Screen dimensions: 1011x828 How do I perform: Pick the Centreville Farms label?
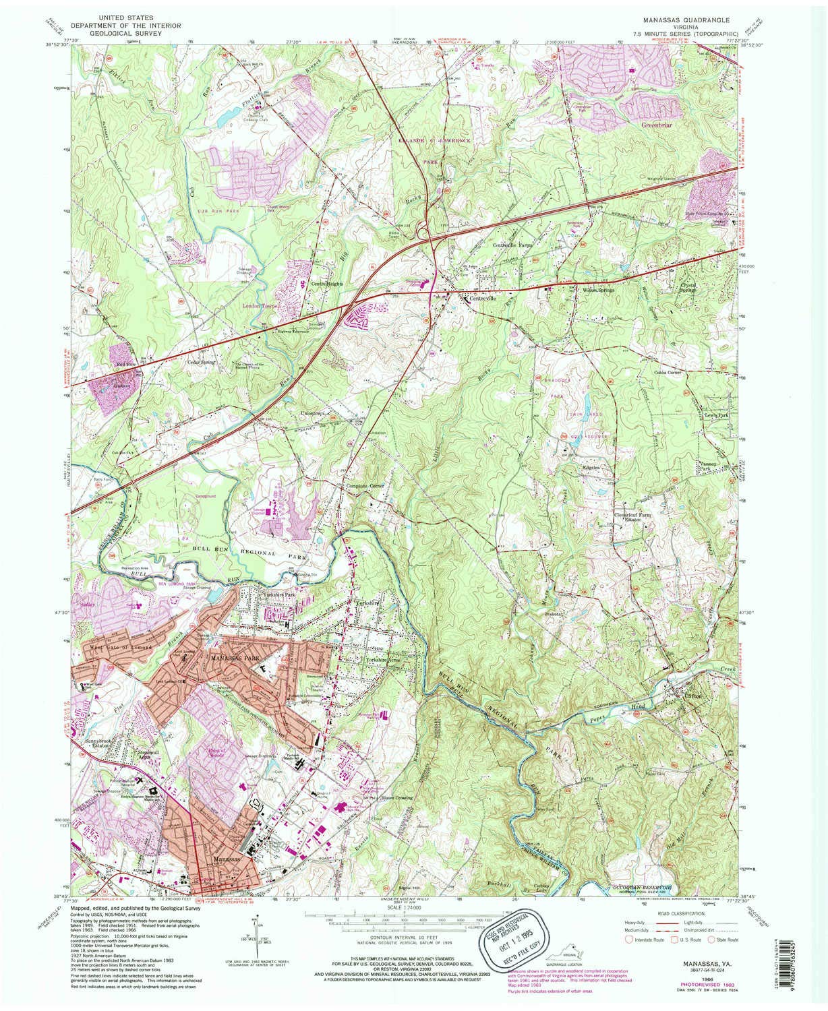(512, 245)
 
